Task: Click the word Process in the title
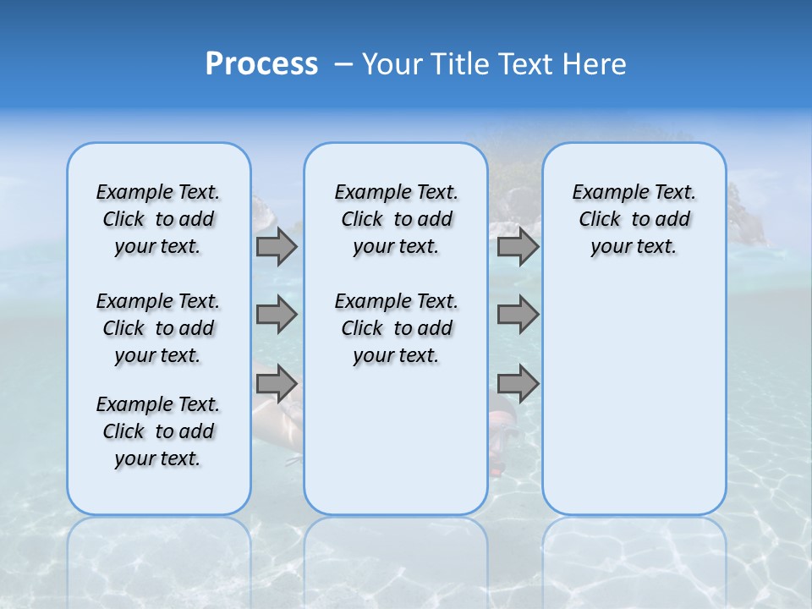pyautogui.click(x=261, y=63)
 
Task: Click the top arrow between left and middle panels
pyautogui.click(x=277, y=246)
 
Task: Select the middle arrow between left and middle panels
pyautogui.click(x=277, y=315)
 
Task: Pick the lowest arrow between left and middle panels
pyautogui.click(x=277, y=383)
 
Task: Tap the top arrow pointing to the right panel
pyautogui.click(x=518, y=246)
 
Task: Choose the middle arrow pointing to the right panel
pyautogui.click(x=518, y=315)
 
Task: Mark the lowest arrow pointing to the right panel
pyautogui.click(x=518, y=383)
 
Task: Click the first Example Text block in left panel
pyautogui.click(x=158, y=219)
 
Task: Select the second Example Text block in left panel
pyautogui.click(x=158, y=328)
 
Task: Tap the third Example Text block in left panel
pyautogui.click(x=158, y=431)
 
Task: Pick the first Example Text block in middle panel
pyautogui.click(x=396, y=219)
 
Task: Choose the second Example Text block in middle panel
pyautogui.click(x=396, y=328)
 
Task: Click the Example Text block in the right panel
pyautogui.click(x=634, y=219)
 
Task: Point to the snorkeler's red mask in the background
pyautogui.click(x=502, y=420)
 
